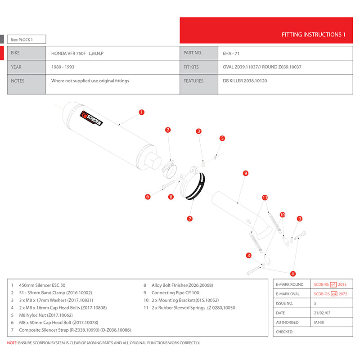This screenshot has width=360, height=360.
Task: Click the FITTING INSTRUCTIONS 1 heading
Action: pyautogui.click(x=313, y=34)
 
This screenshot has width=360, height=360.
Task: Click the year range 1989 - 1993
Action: pyautogui.click(x=63, y=67)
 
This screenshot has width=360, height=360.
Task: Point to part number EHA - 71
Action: pyautogui.click(x=231, y=53)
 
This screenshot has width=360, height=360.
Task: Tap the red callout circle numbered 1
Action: pyautogui.click(x=141, y=112)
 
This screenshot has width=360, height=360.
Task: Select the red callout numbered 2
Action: pyautogui.click(x=168, y=130)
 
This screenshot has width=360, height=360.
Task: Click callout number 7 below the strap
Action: pyautogui.click(x=190, y=219)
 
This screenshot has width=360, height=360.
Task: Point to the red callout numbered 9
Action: pyautogui.click(x=246, y=173)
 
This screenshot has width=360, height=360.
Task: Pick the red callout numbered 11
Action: pyautogui.click(x=265, y=198)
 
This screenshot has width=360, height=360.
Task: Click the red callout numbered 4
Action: pyautogui.click(x=293, y=273)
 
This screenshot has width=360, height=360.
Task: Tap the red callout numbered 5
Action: pyautogui.click(x=222, y=138)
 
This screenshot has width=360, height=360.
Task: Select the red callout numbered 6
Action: pyautogui.click(x=147, y=197)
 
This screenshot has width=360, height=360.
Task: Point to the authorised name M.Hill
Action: pyautogui.click(x=318, y=322)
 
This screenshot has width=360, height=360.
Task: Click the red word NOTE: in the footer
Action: pyautogui.click(x=12, y=343)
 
